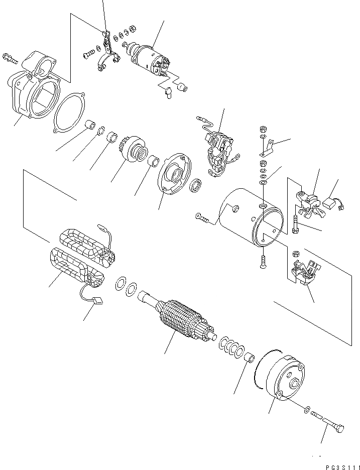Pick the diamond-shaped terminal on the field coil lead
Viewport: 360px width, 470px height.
pyautogui.click(x=98, y=302)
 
